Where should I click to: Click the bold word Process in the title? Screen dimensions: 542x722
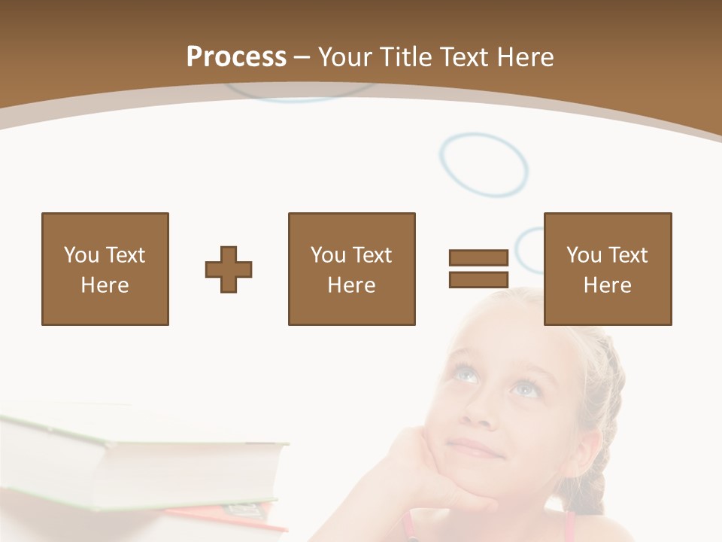point(236,57)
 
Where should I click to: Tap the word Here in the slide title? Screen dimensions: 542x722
point(523,57)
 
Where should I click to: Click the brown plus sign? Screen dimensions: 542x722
point(229,269)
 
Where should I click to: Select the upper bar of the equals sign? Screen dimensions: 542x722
point(478,258)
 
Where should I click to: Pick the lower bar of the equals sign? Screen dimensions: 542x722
point(478,279)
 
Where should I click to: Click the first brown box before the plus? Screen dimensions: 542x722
point(105,269)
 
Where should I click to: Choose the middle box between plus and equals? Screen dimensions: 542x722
point(351,269)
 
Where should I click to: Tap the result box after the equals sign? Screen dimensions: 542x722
point(607,269)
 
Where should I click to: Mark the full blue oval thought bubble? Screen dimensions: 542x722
point(484,165)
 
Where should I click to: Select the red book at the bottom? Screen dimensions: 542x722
point(226,519)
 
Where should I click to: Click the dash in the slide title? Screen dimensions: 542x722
point(302,57)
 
